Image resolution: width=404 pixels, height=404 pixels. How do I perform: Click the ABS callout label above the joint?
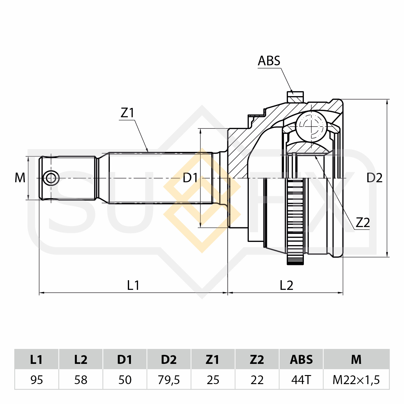pyautogui.click(x=269, y=61)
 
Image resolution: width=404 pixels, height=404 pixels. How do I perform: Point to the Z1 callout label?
pyautogui.click(x=127, y=113)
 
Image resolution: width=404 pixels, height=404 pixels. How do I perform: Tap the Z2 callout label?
pyautogui.click(x=363, y=223)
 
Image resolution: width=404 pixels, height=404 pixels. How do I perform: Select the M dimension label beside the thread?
pyautogui.click(x=20, y=178)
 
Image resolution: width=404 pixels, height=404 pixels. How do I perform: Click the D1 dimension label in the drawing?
pyautogui.click(x=190, y=178)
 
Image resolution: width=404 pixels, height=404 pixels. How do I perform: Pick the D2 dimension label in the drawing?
pyautogui.click(x=374, y=178)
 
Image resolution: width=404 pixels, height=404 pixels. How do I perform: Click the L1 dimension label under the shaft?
pyautogui.click(x=133, y=285)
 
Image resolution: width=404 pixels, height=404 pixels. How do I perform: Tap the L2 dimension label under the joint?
pyautogui.click(x=286, y=285)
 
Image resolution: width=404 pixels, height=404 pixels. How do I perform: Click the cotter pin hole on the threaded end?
pyautogui.click(x=51, y=178)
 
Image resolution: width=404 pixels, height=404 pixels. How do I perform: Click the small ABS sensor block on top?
pyautogui.click(x=295, y=97)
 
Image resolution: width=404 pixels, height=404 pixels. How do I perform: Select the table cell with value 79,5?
pyautogui.click(x=169, y=380)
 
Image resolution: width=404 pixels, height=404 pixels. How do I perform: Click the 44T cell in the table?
pyautogui.click(x=301, y=380)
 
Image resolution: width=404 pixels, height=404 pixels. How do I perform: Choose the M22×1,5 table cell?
pyautogui.click(x=356, y=380)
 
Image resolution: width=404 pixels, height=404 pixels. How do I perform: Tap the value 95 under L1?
pyautogui.click(x=37, y=380)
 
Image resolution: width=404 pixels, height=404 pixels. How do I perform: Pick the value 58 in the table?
pyautogui.click(x=81, y=380)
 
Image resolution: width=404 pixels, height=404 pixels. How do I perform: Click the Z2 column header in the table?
pyautogui.click(x=257, y=360)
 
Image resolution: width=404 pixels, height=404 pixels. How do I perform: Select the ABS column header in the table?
pyautogui.click(x=301, y=360)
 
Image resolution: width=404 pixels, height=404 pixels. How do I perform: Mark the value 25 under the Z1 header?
pyautogui.click(x=213, y=380)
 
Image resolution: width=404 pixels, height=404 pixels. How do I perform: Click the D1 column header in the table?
pyautogui.click(x=125, y=360)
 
